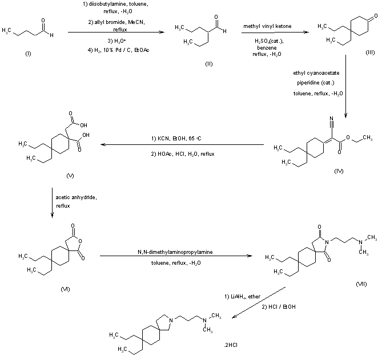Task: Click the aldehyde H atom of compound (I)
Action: (52, 35)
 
